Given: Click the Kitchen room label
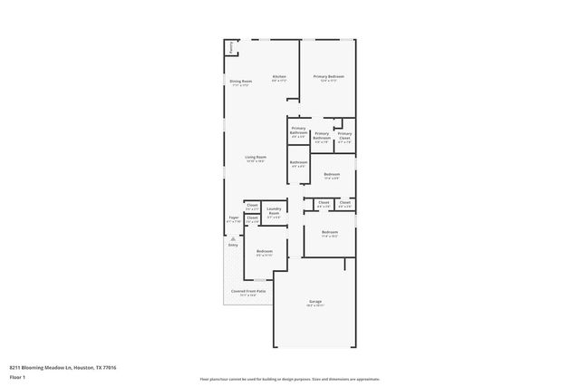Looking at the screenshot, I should (279, 78).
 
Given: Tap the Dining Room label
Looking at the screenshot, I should (241, 82).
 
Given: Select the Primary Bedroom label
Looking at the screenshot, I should (327, 78).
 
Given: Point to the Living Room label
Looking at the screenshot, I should (256, 159).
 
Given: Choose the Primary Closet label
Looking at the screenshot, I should (344, 136).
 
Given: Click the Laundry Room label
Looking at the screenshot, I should (273, 212).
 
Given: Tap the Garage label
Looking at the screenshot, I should (314, 304).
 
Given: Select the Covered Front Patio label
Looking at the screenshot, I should (247, 292).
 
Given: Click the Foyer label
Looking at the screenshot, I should (233, 219).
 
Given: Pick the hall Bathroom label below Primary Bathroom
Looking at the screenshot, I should (298, 164).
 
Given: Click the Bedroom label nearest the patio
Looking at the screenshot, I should (265, 252).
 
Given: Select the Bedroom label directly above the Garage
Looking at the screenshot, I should (328, 234).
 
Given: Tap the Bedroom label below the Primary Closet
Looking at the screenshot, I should (332, 175).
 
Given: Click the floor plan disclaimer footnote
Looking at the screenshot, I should (289, 379).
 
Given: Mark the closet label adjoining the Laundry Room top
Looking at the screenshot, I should (252, 208).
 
